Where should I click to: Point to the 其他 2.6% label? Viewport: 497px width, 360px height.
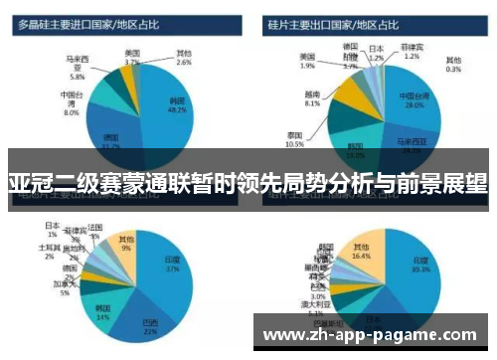[184, 57]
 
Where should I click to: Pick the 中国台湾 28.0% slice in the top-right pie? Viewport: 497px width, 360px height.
[413, 100]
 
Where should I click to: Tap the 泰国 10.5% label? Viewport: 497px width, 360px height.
[294, 138]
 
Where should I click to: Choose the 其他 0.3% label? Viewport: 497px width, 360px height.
[453, 65]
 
